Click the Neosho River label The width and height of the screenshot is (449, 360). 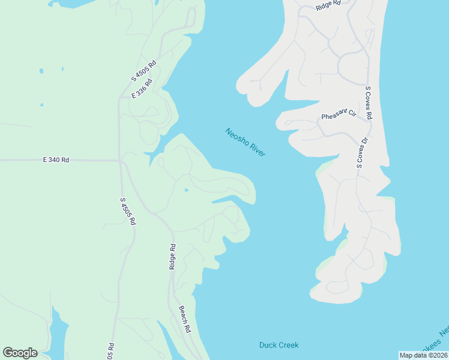click(x=246, y=143)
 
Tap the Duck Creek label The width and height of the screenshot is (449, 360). click(x=279, y=345)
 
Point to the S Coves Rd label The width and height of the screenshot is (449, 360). click(x=369, y=103)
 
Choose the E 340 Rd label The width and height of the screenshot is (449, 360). click(x=56, y=160)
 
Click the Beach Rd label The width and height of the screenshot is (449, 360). click(x=185, y=319)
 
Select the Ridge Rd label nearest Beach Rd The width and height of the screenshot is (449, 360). click(x=172, y=256)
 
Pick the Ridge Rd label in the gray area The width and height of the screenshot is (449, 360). click(x=328, y=4)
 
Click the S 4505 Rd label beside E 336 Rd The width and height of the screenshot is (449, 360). click(x=144, y=71)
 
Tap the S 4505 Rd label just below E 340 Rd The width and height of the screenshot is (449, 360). click(x=127, y=211)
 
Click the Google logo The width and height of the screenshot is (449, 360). click(x=20, y=353)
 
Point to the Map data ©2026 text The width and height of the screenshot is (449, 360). click(x=423, y=355)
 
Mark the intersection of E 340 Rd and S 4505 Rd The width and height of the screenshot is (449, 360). click(x=120, y=160)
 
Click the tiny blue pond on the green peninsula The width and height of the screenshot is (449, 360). click(x=186, y=191)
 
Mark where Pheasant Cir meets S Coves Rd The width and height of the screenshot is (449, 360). click(x=366, y=118)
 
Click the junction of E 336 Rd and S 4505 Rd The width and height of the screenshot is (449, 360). click(x=120, y=98)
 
